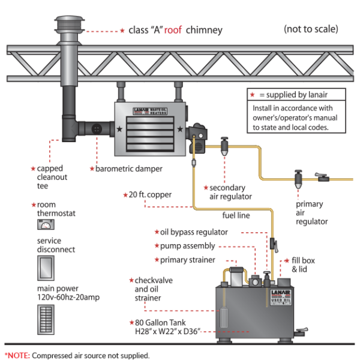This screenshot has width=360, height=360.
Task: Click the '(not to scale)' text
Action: click(x=310, y=29)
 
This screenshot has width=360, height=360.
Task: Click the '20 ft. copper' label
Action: click(x=152, y=195)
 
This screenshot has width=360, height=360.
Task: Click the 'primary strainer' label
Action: click(x=188, y=260)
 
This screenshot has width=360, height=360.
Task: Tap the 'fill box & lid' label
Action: click(x=306, y=265)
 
